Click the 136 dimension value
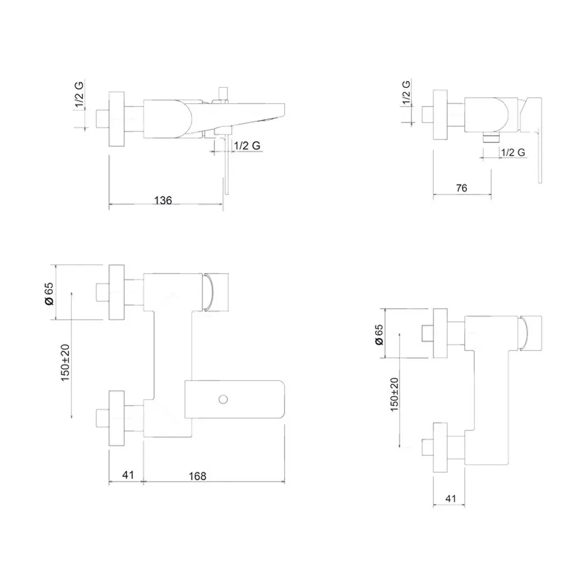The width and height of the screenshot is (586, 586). click(163, 200)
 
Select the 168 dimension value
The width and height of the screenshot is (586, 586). click(197, 476)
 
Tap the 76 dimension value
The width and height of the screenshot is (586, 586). click(462, 188)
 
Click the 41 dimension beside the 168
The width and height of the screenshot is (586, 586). click(128, 475)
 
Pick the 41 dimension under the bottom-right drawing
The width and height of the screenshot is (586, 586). click(451, 499)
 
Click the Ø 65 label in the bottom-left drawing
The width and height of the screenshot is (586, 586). click(49, 294)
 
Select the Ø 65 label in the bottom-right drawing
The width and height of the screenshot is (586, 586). click(379, 335)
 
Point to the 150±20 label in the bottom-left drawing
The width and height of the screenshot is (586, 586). click(65, 363)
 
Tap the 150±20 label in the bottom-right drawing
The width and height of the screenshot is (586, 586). click(394, 394)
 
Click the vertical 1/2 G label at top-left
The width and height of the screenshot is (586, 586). click(79, 94)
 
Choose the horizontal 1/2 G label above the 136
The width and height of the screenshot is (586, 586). click(247, 145)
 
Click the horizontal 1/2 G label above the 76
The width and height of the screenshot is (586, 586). click(513, 152)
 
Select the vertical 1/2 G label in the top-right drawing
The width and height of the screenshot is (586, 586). click(406, 93)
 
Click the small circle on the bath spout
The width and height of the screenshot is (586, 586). click(223, 400)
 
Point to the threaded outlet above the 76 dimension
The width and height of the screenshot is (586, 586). click(490, 138)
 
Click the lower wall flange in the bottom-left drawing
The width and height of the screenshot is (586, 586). click(117, 418)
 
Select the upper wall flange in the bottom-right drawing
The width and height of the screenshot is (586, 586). click(440, 333)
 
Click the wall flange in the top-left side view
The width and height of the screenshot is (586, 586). click(117, 119)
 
